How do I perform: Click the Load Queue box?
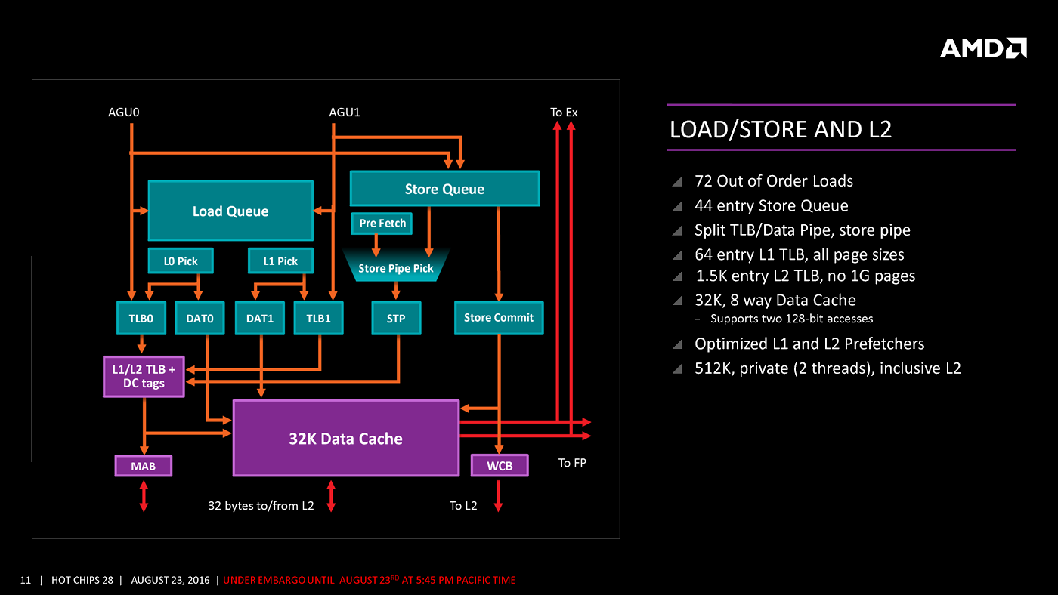(230, 211)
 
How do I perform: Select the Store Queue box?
(444, 189)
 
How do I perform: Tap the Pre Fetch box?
(382, 224)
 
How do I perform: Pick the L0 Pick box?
(181, 261)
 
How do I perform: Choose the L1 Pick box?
(280, 261)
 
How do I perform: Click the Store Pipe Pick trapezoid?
(396, 268)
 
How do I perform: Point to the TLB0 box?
(141, 318)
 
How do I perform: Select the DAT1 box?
(260, 318)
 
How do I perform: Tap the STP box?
(396, 318)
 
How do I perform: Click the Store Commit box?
(499, 318)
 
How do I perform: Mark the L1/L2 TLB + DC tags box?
(144, 376)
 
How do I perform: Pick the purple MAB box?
(143, 466)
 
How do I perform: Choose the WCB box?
(500, 466)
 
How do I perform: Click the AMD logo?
(983, 48)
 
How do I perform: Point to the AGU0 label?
(124, 113)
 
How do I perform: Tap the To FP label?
(572, 463)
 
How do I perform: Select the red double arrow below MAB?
(144, 496)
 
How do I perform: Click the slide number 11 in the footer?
(26, 580)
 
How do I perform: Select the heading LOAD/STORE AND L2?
(781, 130)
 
